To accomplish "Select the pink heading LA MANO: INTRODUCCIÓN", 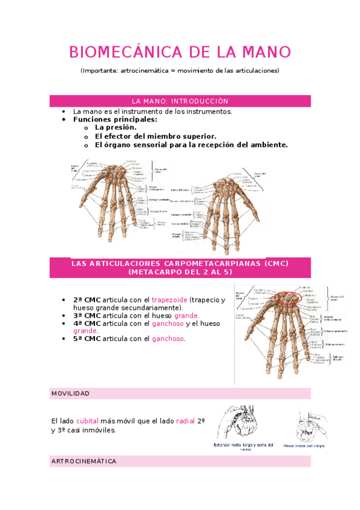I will [x=180, y=101].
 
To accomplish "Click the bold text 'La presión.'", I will [x=116, y=127].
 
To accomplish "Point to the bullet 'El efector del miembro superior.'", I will [x=156, y=136].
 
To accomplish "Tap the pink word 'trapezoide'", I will [x=169, y=300].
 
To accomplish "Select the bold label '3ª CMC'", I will [x=87, y=315].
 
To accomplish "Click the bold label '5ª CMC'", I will [x=87, y=339].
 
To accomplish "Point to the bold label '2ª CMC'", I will [x=87, y=300].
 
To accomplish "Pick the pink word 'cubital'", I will [x=87, y=422].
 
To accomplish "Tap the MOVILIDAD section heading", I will [x=70, y=393].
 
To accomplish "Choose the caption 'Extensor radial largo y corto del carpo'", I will [x=243, y=446].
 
